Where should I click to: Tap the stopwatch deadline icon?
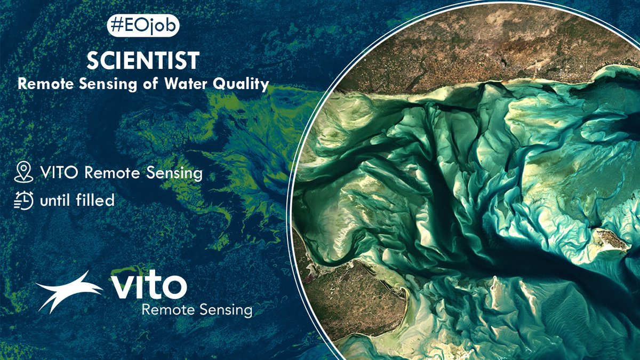tap(23, 201)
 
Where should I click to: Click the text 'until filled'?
tap(77, 201)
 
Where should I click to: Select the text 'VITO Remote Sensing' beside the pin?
tap(121, 173)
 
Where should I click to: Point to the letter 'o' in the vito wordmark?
tap(173, 288)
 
